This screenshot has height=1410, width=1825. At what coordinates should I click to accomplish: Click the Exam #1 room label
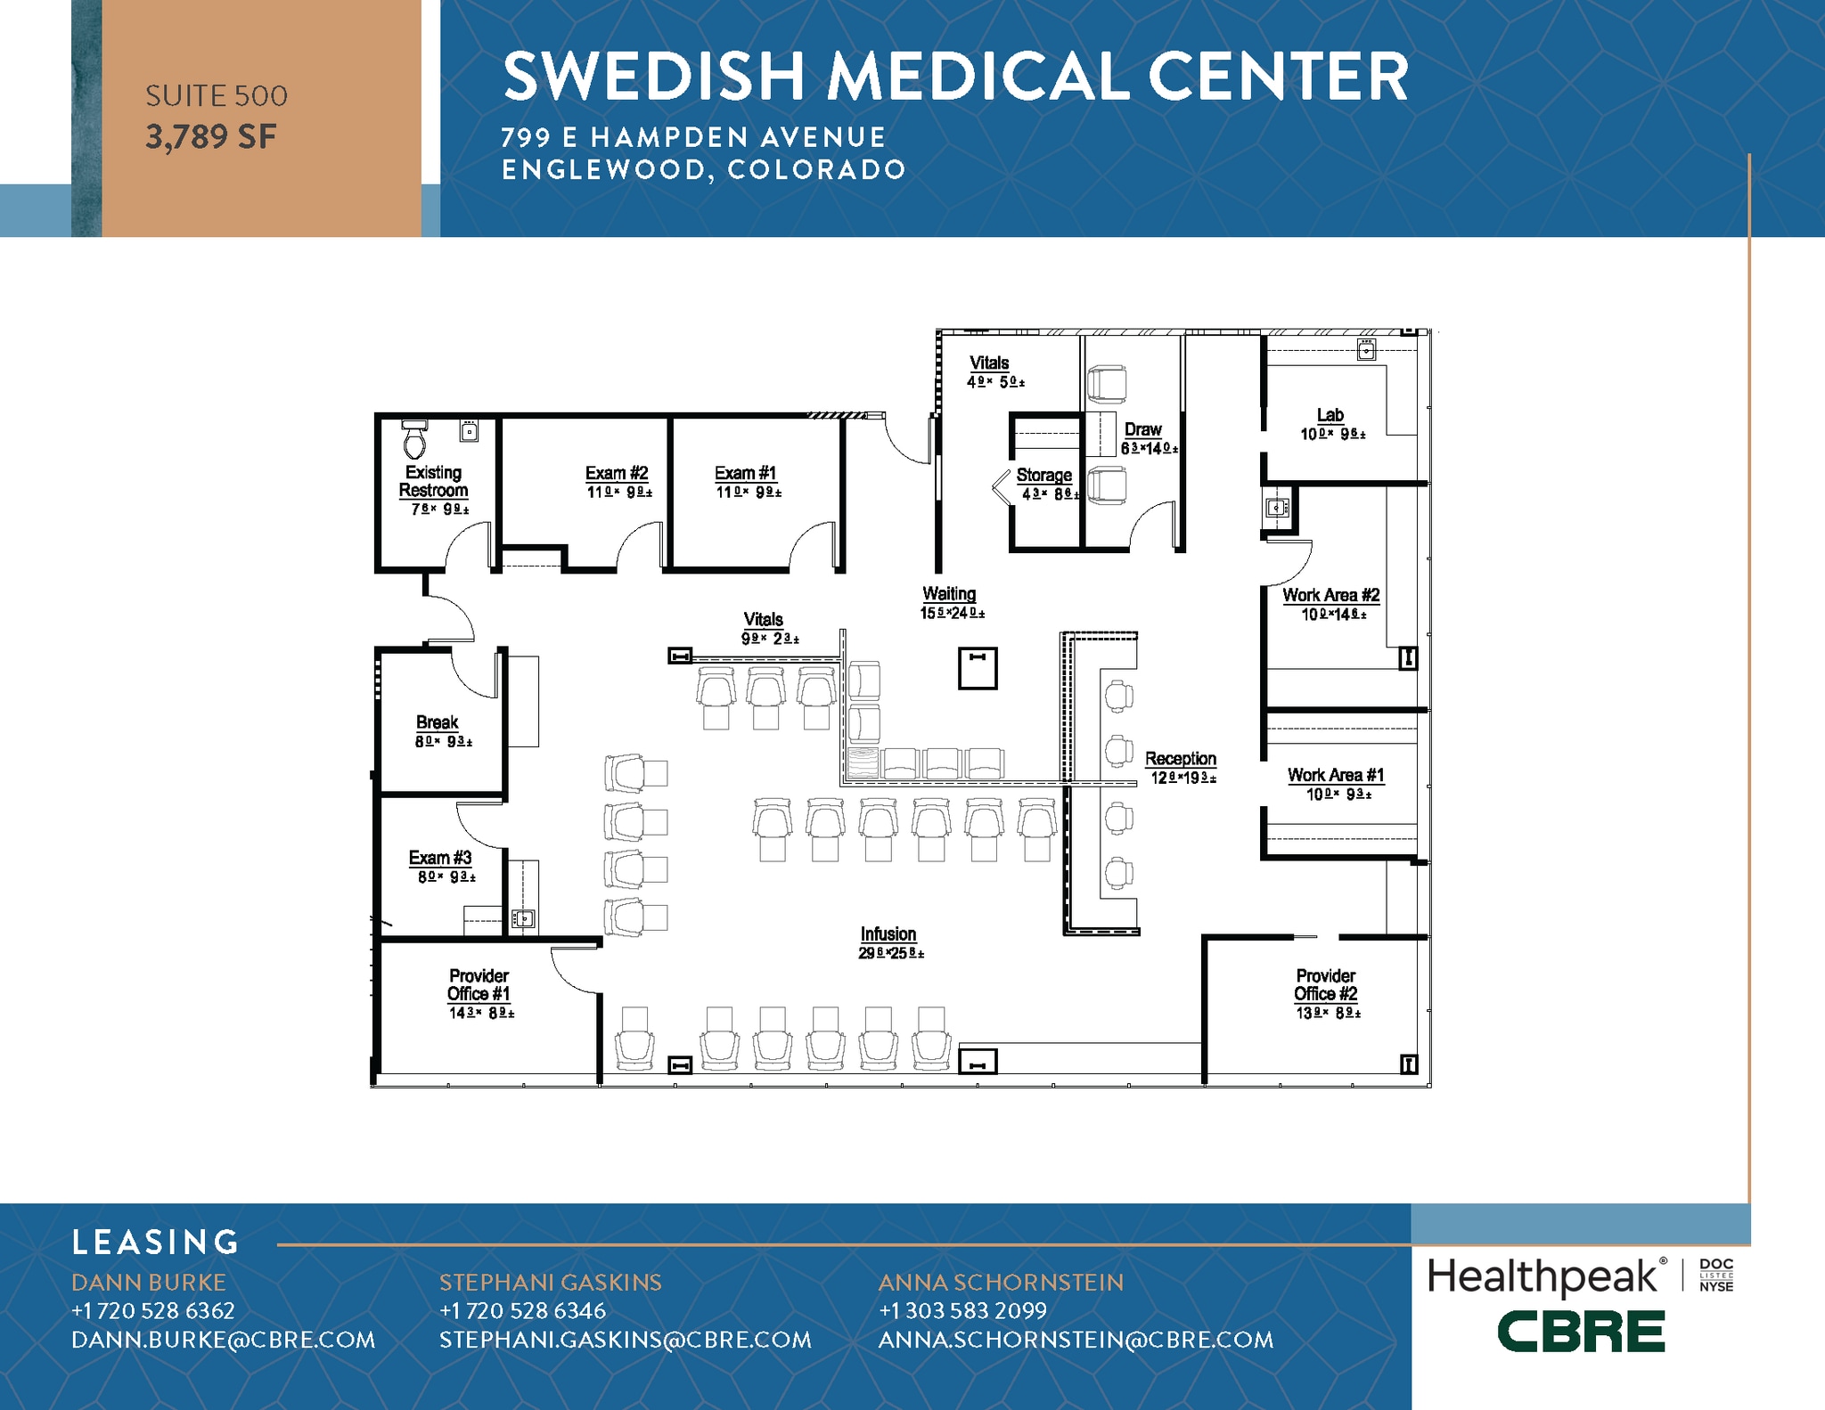tap(745, 473)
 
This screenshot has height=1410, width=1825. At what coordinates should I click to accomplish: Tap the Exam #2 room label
tap(617, 473)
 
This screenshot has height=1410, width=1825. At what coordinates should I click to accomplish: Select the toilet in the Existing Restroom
tap(414, 438)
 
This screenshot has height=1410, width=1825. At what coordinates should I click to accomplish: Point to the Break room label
tap(437, 722)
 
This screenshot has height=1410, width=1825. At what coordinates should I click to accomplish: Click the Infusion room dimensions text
tap(890, 953)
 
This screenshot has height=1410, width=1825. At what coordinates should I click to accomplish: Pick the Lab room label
tap(1330, 415)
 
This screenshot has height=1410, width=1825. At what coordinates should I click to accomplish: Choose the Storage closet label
tap(1043, 475)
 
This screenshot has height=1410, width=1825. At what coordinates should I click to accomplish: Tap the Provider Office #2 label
tap(1326, 984)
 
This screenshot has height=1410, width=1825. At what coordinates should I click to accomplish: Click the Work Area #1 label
tap(1335, 775)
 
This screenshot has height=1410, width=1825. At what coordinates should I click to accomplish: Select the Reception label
tap(1180, 758)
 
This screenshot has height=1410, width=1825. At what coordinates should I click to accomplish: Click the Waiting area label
tap(949, 593)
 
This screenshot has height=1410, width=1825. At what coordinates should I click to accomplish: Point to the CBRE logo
tap(1580, 1332)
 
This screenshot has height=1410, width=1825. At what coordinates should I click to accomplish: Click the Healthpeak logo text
tap(1543, 1276)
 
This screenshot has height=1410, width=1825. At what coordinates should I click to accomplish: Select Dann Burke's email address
tap(223, 1340)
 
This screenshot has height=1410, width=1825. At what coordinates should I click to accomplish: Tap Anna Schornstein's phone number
tap(962, 1310)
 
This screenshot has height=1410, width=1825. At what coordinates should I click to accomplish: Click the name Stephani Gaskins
tap(550, 1282)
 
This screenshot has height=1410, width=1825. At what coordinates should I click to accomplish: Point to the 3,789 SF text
tap(211, 137)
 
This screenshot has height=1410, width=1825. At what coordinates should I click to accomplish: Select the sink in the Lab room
tap(1366, 350)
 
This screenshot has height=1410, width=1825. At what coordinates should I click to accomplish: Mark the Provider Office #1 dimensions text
tap(481, 1013)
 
